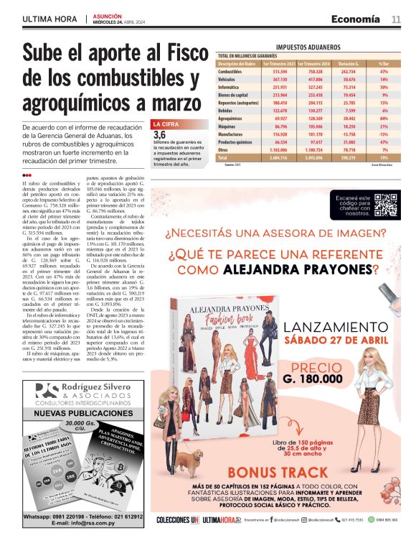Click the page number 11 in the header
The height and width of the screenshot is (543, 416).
(x=396, y=19)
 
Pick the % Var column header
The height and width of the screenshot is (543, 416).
(x=383, y=63)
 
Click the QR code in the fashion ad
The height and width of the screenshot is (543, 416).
(x=386, y=205)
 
